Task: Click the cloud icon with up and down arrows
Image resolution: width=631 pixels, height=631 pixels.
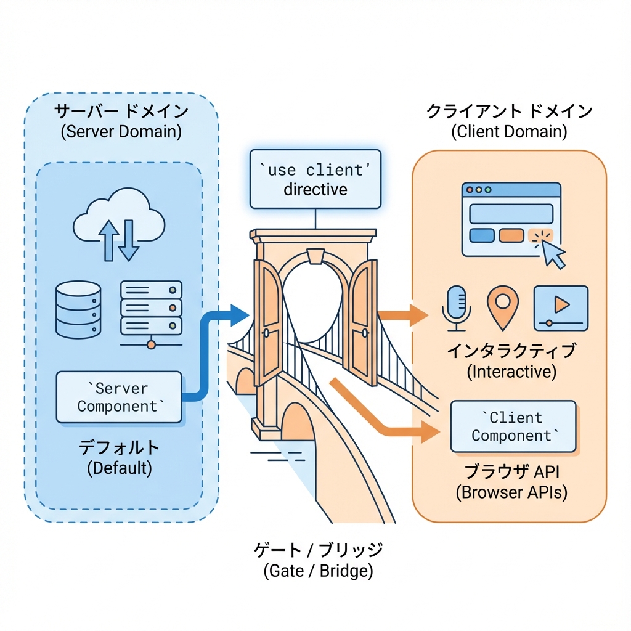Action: (x=119, y=226)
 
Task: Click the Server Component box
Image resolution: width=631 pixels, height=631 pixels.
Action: (x=119, y=397)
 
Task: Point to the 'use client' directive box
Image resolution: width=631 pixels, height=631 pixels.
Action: (x=315, y=178)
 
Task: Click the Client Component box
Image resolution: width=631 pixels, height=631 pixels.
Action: (x=513, y=426)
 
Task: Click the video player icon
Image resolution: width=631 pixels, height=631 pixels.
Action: (x=560, y=305)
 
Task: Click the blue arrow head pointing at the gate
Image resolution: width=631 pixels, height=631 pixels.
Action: (x=238, y=315)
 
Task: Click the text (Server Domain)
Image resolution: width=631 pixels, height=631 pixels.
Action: (x=121, y=132)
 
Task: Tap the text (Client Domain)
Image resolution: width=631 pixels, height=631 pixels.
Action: (x=509, y=131)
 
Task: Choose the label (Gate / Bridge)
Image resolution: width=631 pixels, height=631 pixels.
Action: (x=318, y=571)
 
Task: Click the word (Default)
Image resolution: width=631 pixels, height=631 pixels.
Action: (x=119, y=468)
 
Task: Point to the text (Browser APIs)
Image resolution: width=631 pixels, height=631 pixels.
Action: (x=511, y=492)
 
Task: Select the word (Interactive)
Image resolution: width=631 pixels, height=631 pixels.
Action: (x=511, y=372)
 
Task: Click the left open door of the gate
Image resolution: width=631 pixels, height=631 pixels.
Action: (x=266, y=320)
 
